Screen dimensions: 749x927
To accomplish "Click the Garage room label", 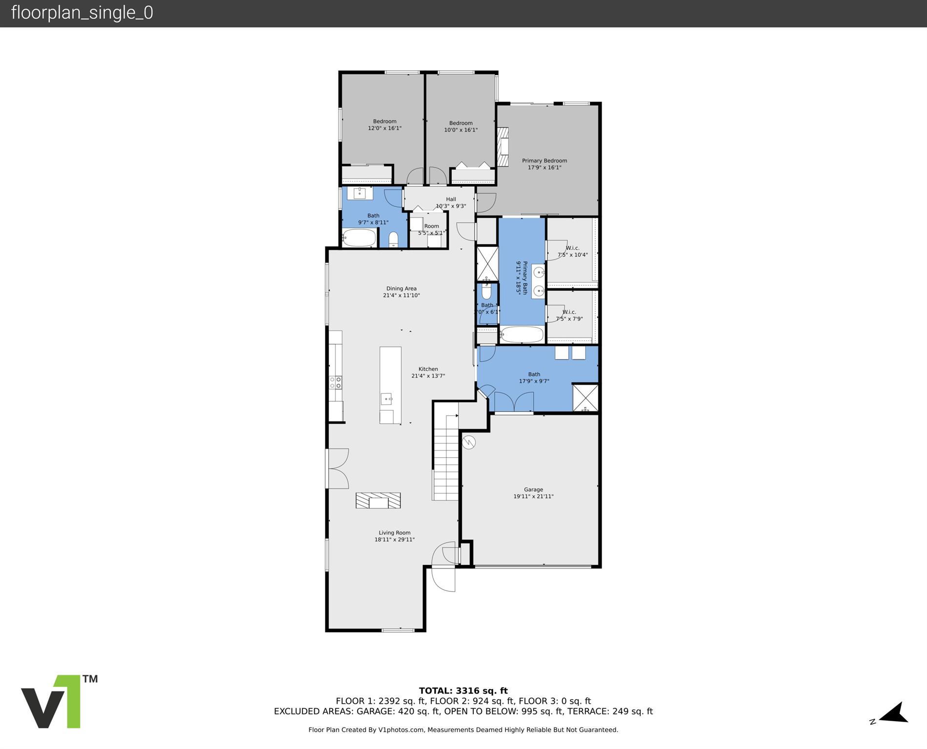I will (533, 493).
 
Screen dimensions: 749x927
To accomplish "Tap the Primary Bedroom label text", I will (544, 164).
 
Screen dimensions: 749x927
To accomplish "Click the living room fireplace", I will (378, 501).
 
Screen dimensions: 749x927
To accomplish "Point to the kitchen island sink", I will (386, 399).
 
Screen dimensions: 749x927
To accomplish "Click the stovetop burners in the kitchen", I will (335, 383).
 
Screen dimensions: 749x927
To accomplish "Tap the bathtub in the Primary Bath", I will (522, 335).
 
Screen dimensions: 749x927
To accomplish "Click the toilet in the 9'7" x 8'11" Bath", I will (393, 239).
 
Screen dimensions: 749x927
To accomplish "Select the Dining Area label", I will (401, 292).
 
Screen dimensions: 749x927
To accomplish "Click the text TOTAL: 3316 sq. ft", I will (463, 690).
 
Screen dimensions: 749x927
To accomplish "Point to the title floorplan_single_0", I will (82, 13).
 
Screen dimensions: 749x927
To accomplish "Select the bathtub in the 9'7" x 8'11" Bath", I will (359, 238).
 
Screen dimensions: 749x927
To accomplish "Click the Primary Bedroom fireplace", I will (503, 146).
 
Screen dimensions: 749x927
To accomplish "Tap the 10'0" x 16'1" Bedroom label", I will (461, 126).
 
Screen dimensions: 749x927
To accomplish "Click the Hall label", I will (451, 202).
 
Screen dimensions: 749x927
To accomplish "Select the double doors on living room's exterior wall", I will (338, 468).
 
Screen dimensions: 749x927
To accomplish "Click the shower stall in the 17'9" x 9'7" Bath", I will (585, 398).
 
